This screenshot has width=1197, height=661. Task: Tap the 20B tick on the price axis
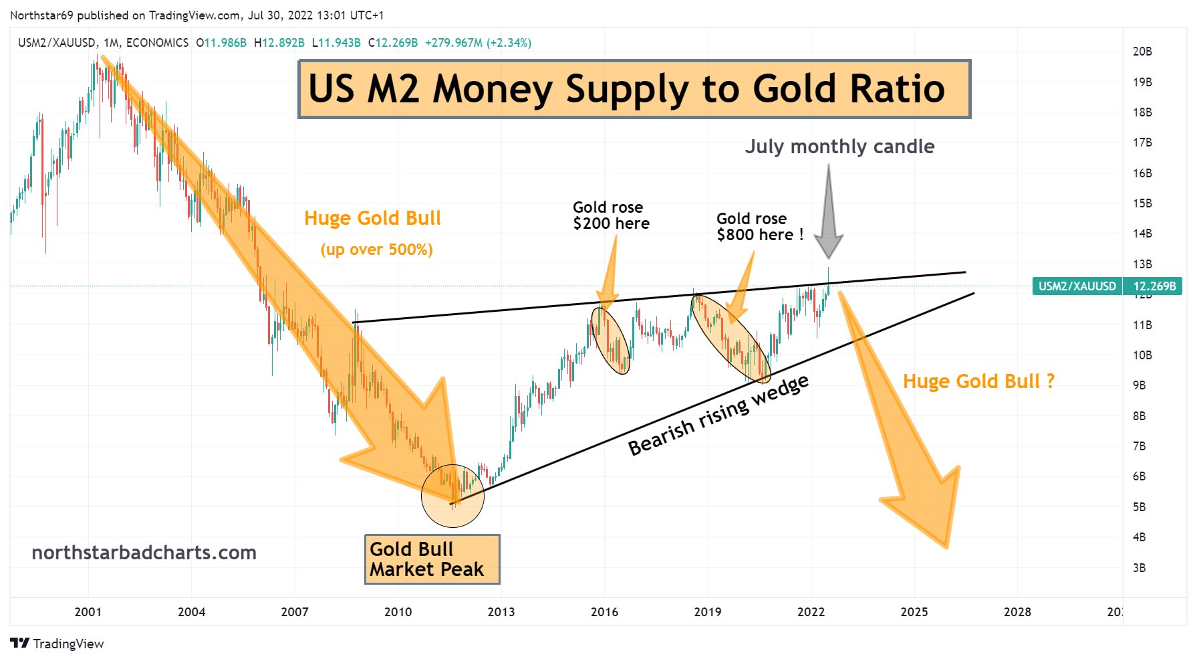pos(1142,52)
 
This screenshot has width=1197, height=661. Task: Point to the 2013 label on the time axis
pos(501,611)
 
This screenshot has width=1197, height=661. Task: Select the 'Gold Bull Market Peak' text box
pos(432,559)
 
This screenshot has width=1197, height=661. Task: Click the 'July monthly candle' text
pos(839,147)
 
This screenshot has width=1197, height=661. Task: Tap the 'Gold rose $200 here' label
pos(610,215)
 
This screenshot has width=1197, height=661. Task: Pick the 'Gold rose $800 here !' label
pos(759,227)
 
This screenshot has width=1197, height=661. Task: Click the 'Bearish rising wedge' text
pos(718,415)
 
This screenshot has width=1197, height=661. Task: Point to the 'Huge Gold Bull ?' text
pos(978,381)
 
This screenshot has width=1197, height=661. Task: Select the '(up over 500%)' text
pos(376,250)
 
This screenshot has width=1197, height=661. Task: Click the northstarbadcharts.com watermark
pos(144,553)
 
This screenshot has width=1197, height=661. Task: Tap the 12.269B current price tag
pos(1154,286)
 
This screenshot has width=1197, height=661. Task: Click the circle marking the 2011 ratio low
pos(452,496)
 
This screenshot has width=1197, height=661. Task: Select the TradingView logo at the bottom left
pos(57,644)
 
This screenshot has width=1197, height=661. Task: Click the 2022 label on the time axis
pos(810,611)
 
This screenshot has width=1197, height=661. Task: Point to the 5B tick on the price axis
pos(1139,507)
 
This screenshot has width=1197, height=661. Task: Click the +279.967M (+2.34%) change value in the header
pos(478,43)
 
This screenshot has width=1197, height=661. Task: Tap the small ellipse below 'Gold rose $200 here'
pos(610,340)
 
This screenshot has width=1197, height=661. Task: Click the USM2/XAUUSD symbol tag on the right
pos(1077,286)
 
